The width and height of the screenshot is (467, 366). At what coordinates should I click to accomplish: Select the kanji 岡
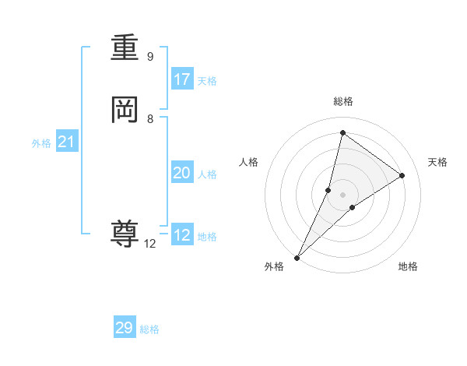point(125,110)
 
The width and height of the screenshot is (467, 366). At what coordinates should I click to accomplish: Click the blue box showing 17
point(182,79)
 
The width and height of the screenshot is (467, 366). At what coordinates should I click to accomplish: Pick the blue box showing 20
point(182,173)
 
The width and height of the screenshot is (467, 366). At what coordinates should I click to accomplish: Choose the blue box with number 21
point(67,142)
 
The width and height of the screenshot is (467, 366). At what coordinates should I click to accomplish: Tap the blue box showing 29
point(125,328)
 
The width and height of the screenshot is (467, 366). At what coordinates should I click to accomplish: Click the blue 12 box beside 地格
point(182,235)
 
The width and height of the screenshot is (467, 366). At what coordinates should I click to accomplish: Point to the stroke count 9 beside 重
point(150,57)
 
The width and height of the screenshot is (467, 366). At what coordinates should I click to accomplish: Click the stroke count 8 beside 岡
point(150,119)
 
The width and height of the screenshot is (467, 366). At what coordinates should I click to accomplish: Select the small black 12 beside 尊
point(150,244)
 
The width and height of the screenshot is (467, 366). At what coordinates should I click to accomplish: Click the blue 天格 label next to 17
point(207,81)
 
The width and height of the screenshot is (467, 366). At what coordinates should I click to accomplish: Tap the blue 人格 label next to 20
point(207,174)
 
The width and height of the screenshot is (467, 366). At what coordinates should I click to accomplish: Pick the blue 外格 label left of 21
point(41,143)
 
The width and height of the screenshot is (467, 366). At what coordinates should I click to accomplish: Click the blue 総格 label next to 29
point(149,329)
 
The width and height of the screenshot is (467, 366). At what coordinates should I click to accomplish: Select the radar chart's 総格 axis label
point(342,101)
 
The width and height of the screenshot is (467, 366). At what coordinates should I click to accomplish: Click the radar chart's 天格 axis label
point(437,162)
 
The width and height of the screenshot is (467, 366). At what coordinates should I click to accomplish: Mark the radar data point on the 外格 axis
point(297,257)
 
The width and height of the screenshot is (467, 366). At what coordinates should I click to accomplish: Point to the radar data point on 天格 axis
point(402,175)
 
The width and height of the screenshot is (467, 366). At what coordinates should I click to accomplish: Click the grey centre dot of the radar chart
point(342,195)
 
